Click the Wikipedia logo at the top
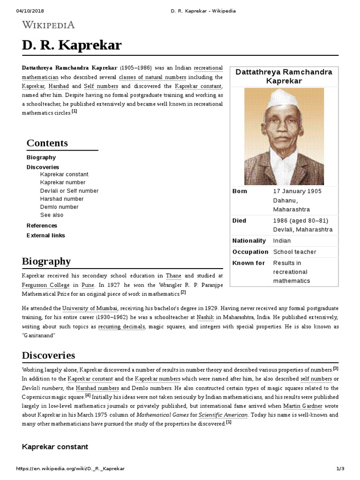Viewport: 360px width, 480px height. (x=48, y=25)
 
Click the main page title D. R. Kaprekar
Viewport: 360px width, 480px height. (x=72, y=45)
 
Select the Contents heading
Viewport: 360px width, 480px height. (x=47, y=143)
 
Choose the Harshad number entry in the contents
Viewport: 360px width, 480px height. (x=62, y=199)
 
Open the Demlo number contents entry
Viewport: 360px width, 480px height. (x=60, y=207)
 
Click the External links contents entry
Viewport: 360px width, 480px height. (x=46, y=235)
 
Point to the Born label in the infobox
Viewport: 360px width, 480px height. (x=240, y=191)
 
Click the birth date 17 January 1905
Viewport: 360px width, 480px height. (x=298, y=191)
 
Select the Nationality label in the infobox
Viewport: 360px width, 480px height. (x=249, y=240)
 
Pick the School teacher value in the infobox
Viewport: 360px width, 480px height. (x=294, y=252)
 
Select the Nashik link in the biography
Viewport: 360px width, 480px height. (x=205, y=317)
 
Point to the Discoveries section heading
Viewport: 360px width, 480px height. (x=48, y=355)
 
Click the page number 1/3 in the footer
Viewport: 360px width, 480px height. (x=340, y=469)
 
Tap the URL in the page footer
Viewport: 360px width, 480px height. (x=70, y=469)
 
